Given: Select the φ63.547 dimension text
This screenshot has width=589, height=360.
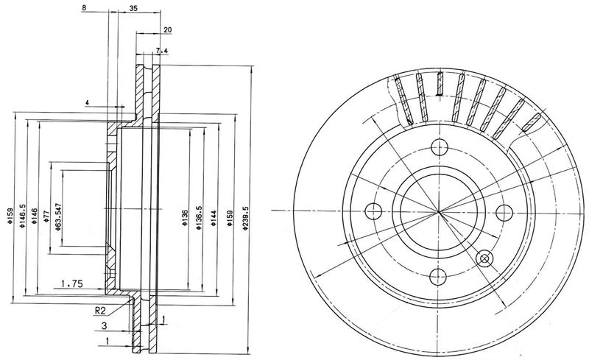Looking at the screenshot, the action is coord(57,217).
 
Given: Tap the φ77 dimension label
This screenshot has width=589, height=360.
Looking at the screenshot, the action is coord(46,216).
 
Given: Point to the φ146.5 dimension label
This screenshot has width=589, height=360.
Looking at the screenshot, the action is coord(22,216).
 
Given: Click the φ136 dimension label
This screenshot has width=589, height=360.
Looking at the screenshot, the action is coord(185,218).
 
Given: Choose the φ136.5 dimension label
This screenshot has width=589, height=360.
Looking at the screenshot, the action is coord(199,218).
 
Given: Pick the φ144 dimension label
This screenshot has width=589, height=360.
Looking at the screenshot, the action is coord(214,218).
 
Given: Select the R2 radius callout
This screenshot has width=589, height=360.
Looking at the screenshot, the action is coord(100,311).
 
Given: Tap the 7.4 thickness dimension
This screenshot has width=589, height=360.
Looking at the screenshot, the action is coord(161,51).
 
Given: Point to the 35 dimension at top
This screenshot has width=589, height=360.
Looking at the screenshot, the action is coord(133,9).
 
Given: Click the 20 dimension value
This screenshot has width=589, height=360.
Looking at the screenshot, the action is coord(168,29).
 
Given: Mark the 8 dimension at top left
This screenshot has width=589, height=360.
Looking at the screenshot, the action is coord(83,7).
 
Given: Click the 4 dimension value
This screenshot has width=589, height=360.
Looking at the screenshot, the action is coord(87,102).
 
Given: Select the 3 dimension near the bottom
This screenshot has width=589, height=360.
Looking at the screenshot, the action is coord(104,326).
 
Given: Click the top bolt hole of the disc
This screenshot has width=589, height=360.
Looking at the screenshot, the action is coord(439,147).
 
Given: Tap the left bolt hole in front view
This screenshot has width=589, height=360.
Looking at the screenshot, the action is coord(373,211).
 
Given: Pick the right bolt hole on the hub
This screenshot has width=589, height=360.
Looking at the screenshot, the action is coord(504,213).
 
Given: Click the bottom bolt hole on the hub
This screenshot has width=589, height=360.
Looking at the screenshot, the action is coord(438,277).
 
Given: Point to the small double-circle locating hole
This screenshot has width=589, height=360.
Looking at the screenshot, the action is coord(484,258).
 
